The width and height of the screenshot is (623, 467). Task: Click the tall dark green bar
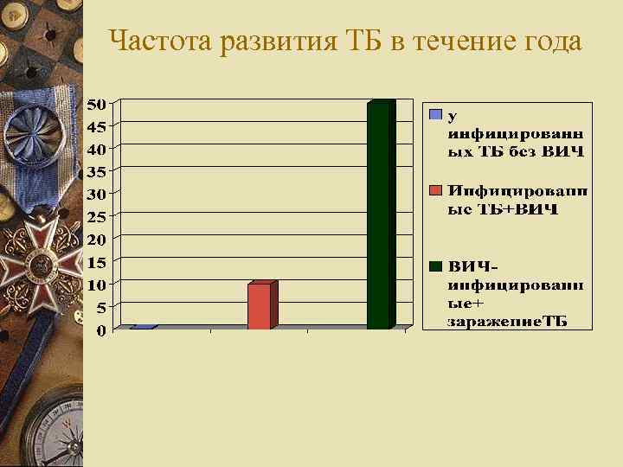pos(381,216)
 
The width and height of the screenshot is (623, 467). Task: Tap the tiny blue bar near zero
pos(144,327)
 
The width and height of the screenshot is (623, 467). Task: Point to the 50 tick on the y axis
pos(98,104)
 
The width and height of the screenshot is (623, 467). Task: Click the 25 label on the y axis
pos(98,215)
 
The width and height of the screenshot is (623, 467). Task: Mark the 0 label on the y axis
pos(101,330)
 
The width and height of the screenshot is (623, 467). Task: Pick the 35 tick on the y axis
pos(98,170)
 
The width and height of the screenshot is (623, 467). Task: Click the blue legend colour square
pos(436,113)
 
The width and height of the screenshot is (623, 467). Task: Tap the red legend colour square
pos(436,189)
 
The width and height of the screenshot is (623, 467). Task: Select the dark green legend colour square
pos(436,265)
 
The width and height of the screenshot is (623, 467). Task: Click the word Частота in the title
pos(162,41)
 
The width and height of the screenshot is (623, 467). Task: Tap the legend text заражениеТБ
pos(507,322)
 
